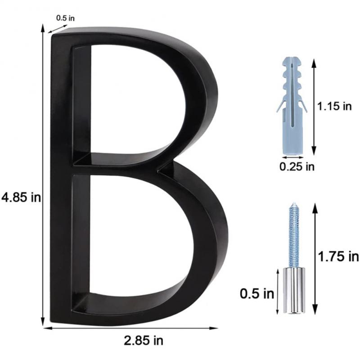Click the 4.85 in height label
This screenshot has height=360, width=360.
[x=21, y=198]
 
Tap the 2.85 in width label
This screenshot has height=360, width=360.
[x=144, y=340]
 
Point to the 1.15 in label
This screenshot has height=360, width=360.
[x=333, y=107]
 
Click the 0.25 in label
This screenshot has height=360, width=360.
[x=297, y=167]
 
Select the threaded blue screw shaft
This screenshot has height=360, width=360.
[x=293, y=238]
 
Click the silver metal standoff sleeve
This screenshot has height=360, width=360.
[x=293, y=290]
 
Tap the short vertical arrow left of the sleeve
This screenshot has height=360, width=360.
[x=279, y=291]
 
